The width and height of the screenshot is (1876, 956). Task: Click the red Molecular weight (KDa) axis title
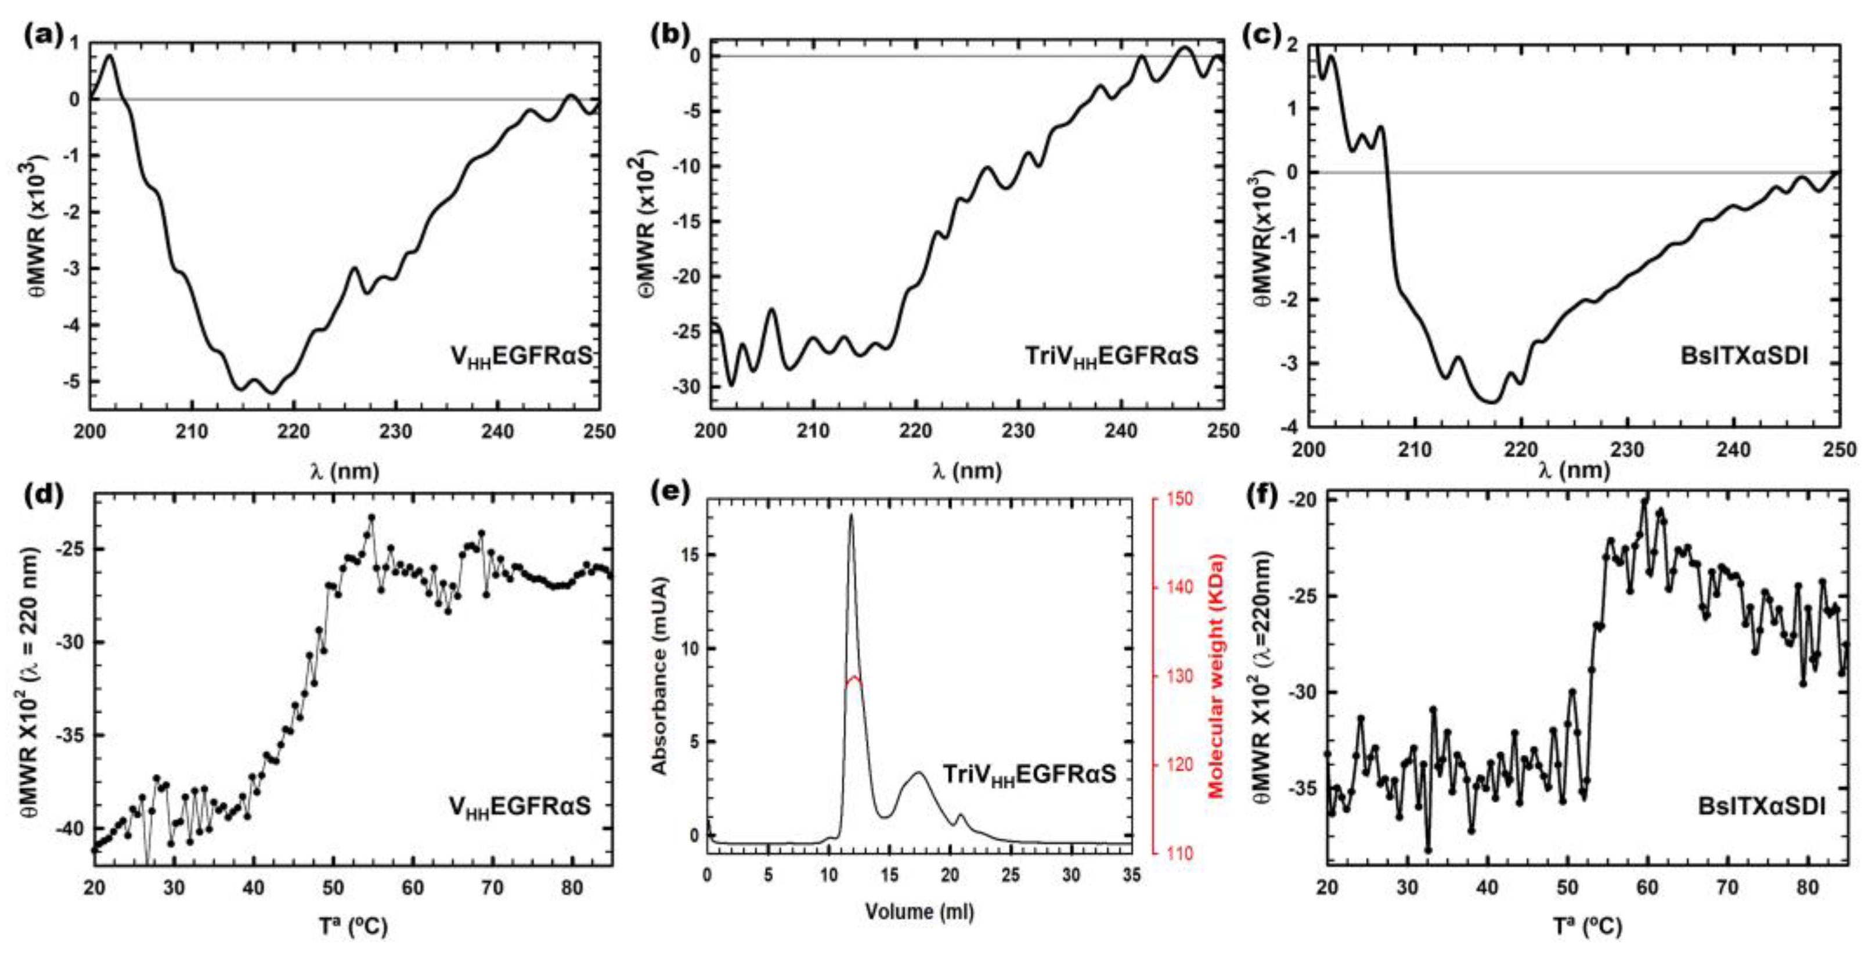1215,676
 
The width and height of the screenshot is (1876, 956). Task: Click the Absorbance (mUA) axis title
660,676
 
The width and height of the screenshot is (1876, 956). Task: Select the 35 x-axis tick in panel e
1131,874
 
